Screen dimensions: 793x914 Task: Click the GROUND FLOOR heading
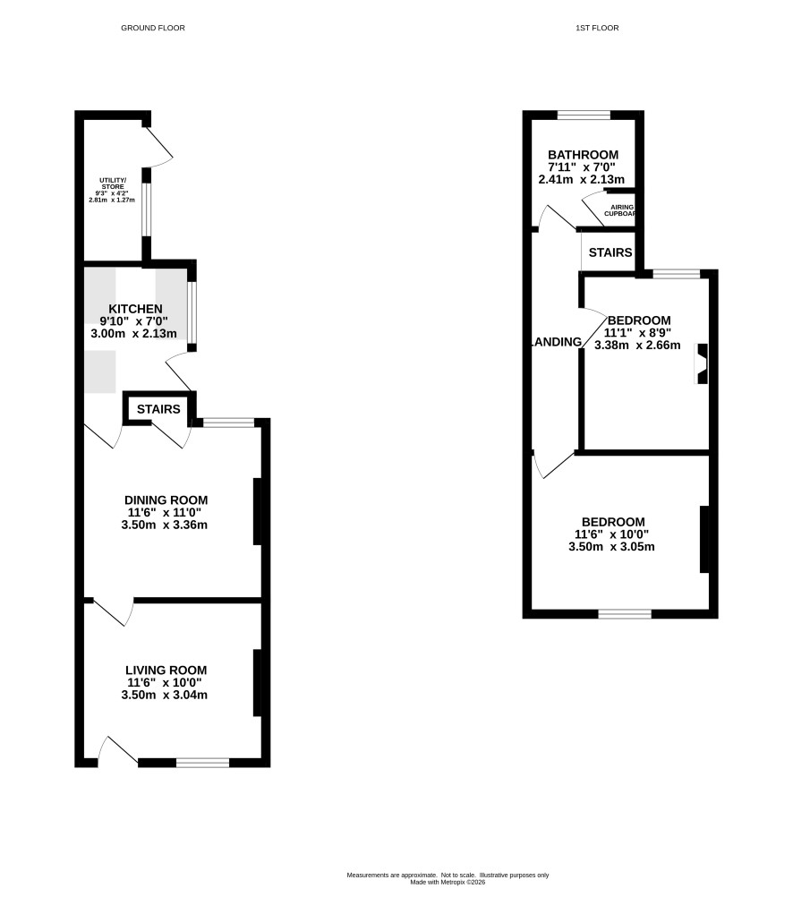pos(153,28)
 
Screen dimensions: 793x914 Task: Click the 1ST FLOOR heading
pos(597,28)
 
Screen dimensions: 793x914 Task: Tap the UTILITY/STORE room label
pos(113,184)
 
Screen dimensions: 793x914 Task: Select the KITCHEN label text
pos(135,309)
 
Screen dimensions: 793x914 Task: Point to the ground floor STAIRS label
pos(158,409)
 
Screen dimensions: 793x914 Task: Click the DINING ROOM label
pos(166,500)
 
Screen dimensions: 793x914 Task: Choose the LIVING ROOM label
pos(166,671)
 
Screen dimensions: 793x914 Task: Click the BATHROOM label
pos(584,155)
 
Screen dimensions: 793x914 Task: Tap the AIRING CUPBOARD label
pos(620,210)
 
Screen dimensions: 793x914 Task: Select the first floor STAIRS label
pos(610,252)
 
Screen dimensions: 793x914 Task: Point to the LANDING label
pos(557,342)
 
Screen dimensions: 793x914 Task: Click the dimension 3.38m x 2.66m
pos(637,345)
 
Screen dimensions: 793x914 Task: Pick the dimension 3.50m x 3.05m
pos(612,547)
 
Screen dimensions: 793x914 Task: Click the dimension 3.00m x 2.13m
pos(133,334)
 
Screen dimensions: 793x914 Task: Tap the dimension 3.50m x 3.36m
pos(165,525)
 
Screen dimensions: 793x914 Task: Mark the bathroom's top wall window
pos(584,115)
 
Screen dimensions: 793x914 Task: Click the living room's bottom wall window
pos(203,763)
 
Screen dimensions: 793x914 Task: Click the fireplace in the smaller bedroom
pos(703,363)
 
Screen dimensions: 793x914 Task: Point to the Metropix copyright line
pos(448,882)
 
